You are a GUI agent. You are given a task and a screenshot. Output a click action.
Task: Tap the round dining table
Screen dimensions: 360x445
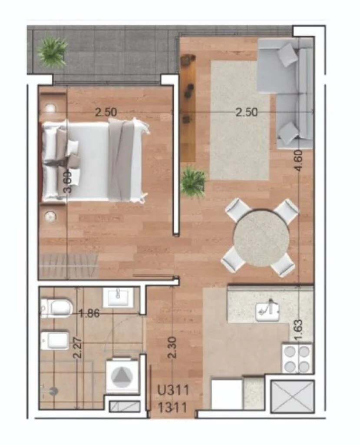click(261, 238)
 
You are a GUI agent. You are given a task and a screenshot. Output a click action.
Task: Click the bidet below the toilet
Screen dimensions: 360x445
click(55, 340)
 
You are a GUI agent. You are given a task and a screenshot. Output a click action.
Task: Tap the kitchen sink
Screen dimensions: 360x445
click(267, 311)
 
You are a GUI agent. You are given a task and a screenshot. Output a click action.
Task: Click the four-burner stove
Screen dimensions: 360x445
click(297, 358)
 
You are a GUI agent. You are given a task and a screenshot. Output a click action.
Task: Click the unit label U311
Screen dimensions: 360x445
click(173, 391)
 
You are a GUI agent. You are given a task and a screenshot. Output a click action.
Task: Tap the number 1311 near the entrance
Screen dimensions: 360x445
click(172, 408)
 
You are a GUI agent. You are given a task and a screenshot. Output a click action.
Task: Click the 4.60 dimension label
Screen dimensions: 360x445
click(299, 161)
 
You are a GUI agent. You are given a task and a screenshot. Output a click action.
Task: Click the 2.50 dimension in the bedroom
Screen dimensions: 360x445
click(106, 113)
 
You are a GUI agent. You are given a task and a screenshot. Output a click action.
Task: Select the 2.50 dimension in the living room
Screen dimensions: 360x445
click(247, 113)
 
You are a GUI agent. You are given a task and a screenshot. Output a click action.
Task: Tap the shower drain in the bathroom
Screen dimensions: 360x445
click(53, 392)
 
